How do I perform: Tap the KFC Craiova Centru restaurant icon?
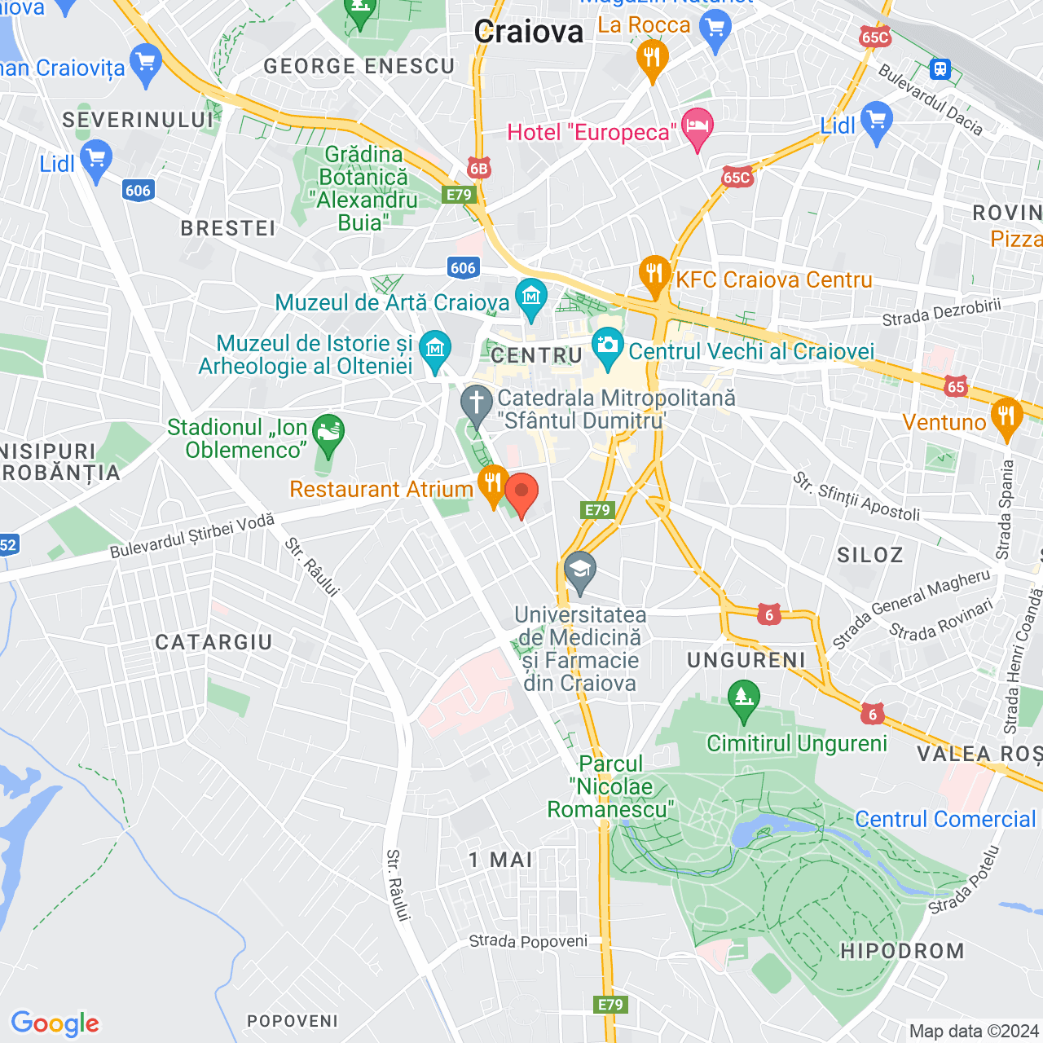point(654,275)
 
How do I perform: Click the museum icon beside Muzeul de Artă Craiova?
point(531,298)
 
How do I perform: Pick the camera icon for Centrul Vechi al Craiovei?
point(607,346)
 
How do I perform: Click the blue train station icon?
point(941,68)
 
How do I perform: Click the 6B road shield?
point(478,169)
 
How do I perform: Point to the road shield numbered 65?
point(956,387)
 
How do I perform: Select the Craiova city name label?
point(529,33)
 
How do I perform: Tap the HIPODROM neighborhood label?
point(902,951)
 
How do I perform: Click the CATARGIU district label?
point(213,642)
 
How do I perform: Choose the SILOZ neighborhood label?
point(870,555)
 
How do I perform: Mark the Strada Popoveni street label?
point(528,941)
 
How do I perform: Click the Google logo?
point(55,1023)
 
